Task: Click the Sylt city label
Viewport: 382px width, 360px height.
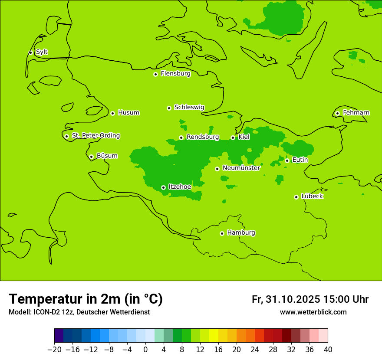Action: tap(42, 52)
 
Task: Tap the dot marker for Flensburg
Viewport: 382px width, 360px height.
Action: tap(155, 74)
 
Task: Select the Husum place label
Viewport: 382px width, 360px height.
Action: tap(128, 113)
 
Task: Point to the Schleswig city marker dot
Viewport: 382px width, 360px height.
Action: tap(169, 108)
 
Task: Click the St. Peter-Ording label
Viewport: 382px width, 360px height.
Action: tap(96, 136)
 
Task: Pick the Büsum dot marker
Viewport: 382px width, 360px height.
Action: tap(91, 157)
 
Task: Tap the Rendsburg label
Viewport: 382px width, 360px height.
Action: tap(203, 137)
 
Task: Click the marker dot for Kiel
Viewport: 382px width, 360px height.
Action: tap(233, 137)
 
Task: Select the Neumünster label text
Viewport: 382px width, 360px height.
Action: tap(241, 168)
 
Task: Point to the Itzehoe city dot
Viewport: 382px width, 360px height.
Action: tap(163, 187)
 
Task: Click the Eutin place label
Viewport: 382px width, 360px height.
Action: tap(300, 160)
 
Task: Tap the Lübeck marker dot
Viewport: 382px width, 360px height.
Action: tap(296, 197)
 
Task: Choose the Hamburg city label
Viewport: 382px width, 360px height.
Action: tap(241, 233)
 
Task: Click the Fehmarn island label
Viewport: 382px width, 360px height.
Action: tap(356, 113)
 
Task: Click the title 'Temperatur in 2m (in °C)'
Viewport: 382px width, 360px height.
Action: tap(86, 299)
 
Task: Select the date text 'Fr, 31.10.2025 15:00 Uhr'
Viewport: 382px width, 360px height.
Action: tap(310, 299)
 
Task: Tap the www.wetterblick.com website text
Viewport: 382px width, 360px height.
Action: tap(313, 312)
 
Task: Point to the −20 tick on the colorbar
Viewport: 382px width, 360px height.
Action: tap(54, 350)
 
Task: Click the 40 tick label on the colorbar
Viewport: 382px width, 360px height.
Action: tap(328, 350)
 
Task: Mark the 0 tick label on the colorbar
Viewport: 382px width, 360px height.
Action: tap(145, 350)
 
